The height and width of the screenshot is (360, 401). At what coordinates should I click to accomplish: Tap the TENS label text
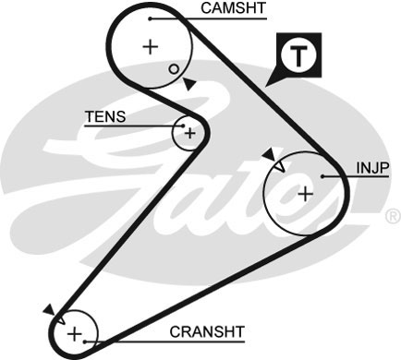[104, 117]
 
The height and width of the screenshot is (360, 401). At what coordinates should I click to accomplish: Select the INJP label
[372, 167]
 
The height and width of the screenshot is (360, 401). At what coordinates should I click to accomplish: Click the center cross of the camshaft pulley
[151, 46]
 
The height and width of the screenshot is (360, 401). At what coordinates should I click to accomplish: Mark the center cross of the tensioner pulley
[189, 133]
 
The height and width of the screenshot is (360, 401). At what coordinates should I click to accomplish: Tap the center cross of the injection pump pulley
[304, 193]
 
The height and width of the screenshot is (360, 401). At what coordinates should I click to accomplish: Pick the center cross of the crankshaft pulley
[76, 333]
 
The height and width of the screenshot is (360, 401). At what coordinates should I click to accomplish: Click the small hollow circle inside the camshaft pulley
[173, 69]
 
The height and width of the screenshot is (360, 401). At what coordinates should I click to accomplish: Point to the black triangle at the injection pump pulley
[269, 154]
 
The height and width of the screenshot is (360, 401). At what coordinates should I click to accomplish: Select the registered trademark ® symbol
[392, 216]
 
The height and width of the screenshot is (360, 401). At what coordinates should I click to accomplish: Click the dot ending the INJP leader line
[320, 175]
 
